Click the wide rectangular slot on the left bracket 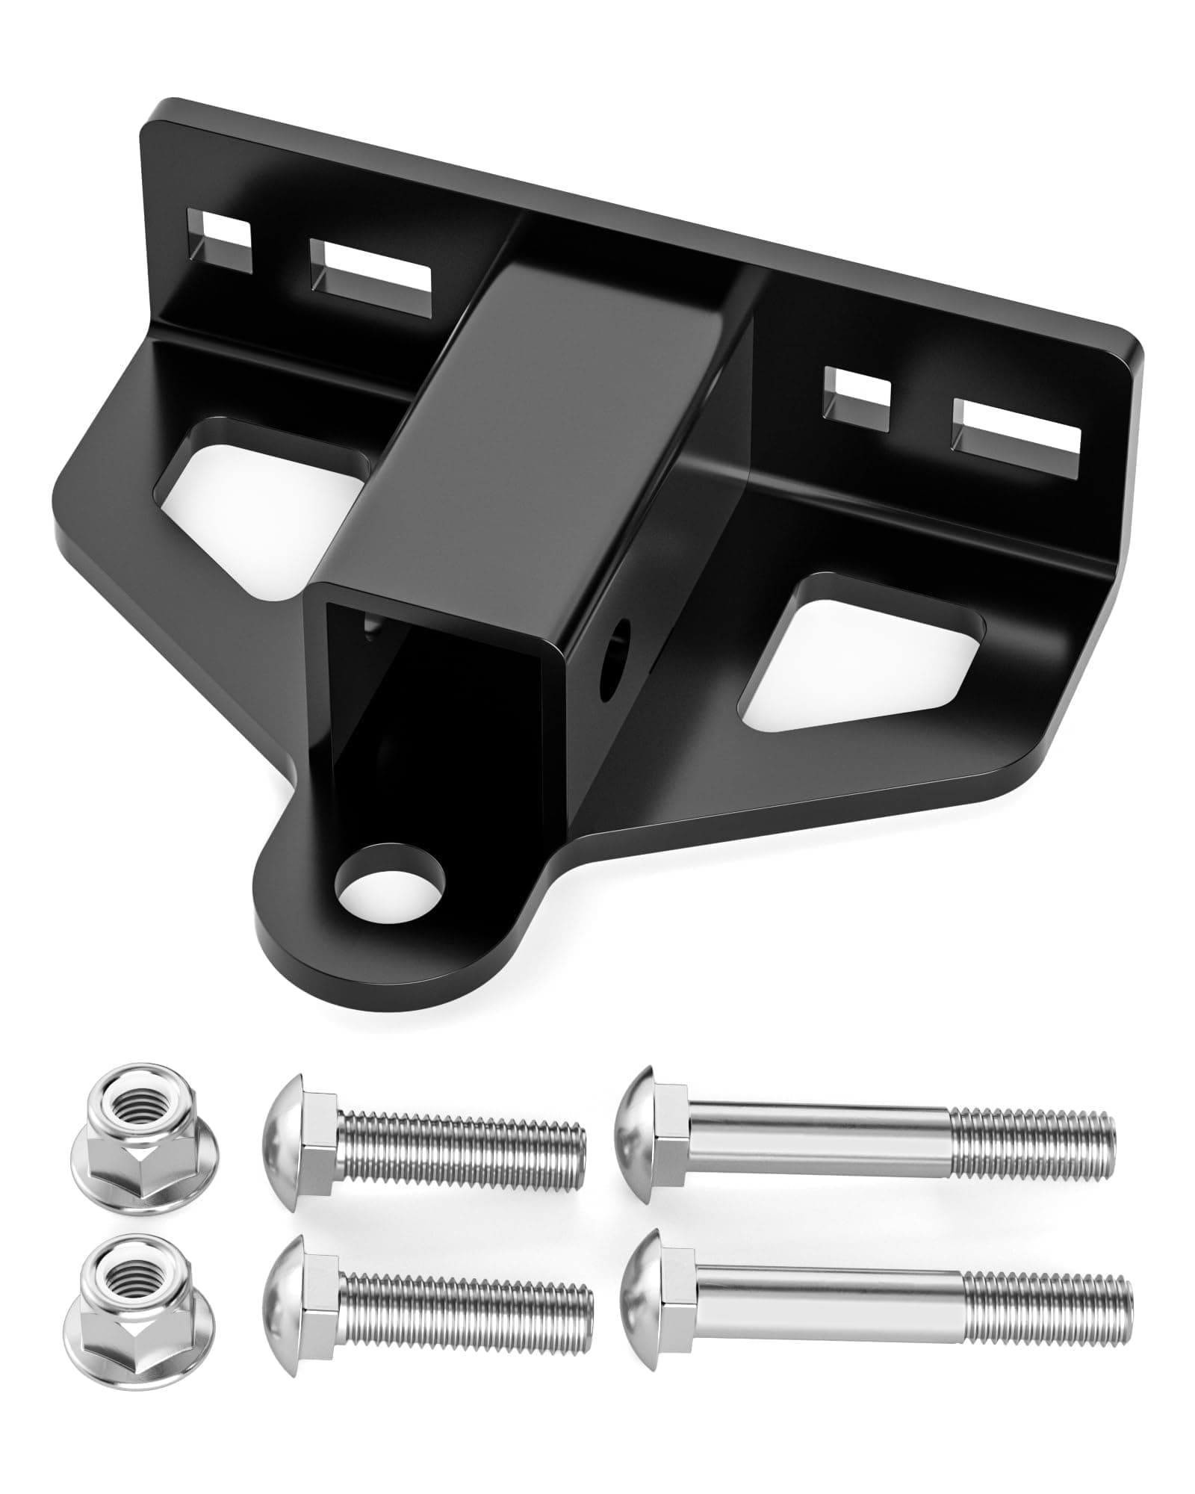(x=371, y=278)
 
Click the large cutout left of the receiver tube (x=261, y=478)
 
